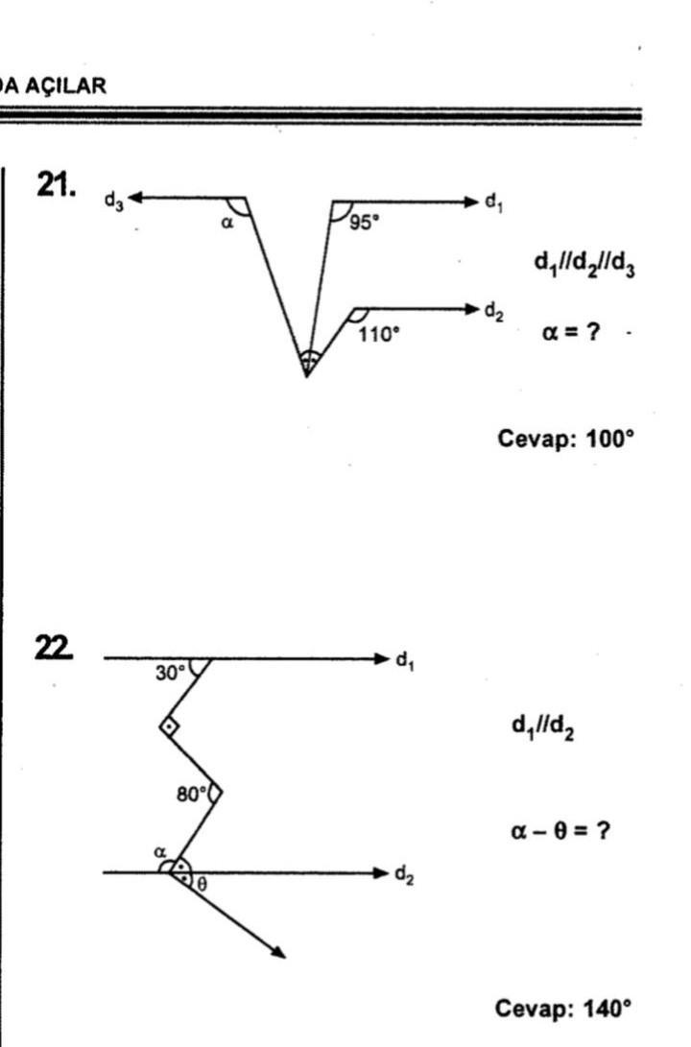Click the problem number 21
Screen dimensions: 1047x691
coord(56,185)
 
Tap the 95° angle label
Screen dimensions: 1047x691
coord(364,221)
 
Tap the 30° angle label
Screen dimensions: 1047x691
coord(169,674)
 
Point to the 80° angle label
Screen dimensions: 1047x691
coord(190,794)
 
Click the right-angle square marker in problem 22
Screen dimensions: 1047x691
coord(169,726)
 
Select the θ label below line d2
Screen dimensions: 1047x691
coord(201,885)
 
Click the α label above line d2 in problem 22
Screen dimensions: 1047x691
coord(162,852)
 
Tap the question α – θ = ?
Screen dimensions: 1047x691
coord(560,830)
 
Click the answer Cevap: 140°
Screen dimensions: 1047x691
coord(563,1009)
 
